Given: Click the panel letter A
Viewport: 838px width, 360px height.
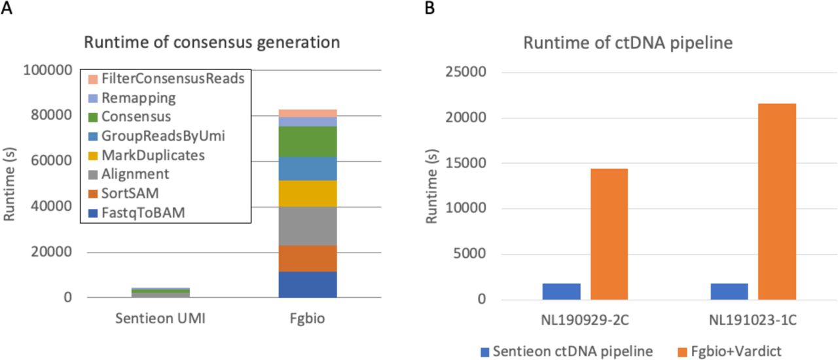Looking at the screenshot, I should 7,9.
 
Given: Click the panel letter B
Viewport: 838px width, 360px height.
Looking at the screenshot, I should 430,9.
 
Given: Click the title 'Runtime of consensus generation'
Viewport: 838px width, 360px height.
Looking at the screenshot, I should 211,43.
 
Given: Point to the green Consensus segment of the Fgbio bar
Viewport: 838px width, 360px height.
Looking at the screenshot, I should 308,141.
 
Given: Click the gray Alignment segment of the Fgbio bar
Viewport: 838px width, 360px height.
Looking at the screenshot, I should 308,226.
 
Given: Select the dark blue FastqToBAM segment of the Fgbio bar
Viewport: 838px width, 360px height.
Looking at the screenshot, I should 308,284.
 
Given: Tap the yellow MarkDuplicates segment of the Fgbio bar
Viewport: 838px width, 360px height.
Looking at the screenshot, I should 308,193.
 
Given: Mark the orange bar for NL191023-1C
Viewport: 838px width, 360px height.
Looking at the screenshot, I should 777,202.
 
